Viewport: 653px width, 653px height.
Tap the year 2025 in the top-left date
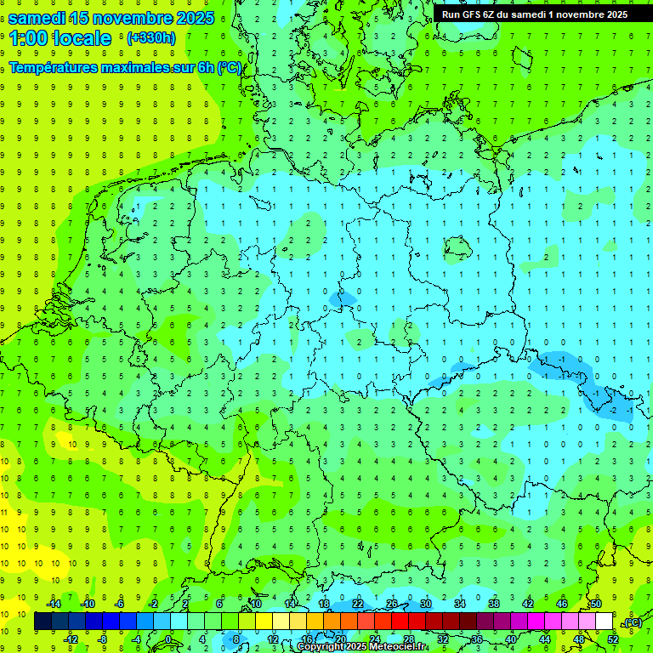tap(191, 18)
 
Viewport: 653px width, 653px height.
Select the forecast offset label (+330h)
tap(150, 37)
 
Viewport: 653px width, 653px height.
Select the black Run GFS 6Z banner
tap(535, 14)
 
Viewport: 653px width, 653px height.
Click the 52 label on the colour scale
tap(613, 639)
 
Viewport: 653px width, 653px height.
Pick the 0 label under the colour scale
tap(169, 639)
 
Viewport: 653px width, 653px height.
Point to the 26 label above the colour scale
tap(392, 604)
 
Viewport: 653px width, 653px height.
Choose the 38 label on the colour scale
tap(494, 604)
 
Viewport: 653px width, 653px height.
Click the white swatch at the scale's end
tap(604, 622)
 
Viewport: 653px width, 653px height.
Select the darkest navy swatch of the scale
tap(43, 622)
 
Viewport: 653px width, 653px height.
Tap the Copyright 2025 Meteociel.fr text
tap(362, 647)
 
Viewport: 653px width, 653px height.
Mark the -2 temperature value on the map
tap(613, 410)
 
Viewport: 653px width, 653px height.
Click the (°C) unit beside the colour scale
tap(632, 622)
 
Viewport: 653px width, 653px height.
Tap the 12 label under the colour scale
tap(273, 639)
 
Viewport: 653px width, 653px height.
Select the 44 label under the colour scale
tap(545, 639)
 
